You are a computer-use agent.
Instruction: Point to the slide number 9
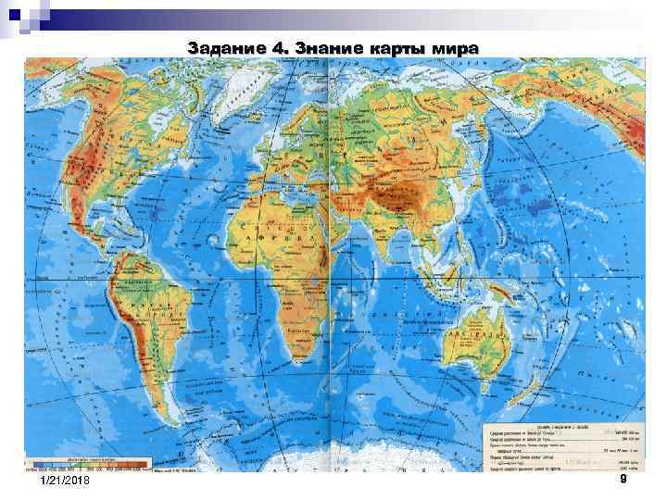point(623,480)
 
